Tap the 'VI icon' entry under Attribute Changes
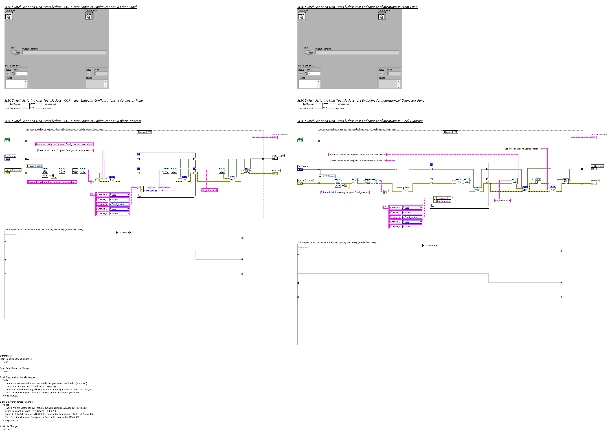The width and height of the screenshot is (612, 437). coord(6,429)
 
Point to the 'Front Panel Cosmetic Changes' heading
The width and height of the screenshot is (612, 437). coord(15,368)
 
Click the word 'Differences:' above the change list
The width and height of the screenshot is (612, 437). coord(6,356)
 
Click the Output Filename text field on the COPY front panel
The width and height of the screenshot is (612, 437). coord(64,52)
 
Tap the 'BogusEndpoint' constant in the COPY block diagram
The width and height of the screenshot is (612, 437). coord(209,190)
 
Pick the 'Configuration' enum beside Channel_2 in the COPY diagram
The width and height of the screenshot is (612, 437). coord(119,204)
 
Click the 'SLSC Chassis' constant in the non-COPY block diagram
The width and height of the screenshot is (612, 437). coord(329,176)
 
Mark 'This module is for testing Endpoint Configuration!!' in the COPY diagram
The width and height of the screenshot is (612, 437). coord(52,182)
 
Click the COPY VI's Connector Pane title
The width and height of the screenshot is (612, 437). coord(73,100)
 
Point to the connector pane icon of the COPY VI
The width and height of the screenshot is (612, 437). coord(32,106)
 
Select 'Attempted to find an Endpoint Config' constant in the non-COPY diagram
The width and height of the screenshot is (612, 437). coord(357,154)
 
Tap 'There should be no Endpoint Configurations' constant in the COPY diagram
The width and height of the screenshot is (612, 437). coord(65,150)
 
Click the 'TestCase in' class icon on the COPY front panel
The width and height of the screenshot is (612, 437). coord(9,16)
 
